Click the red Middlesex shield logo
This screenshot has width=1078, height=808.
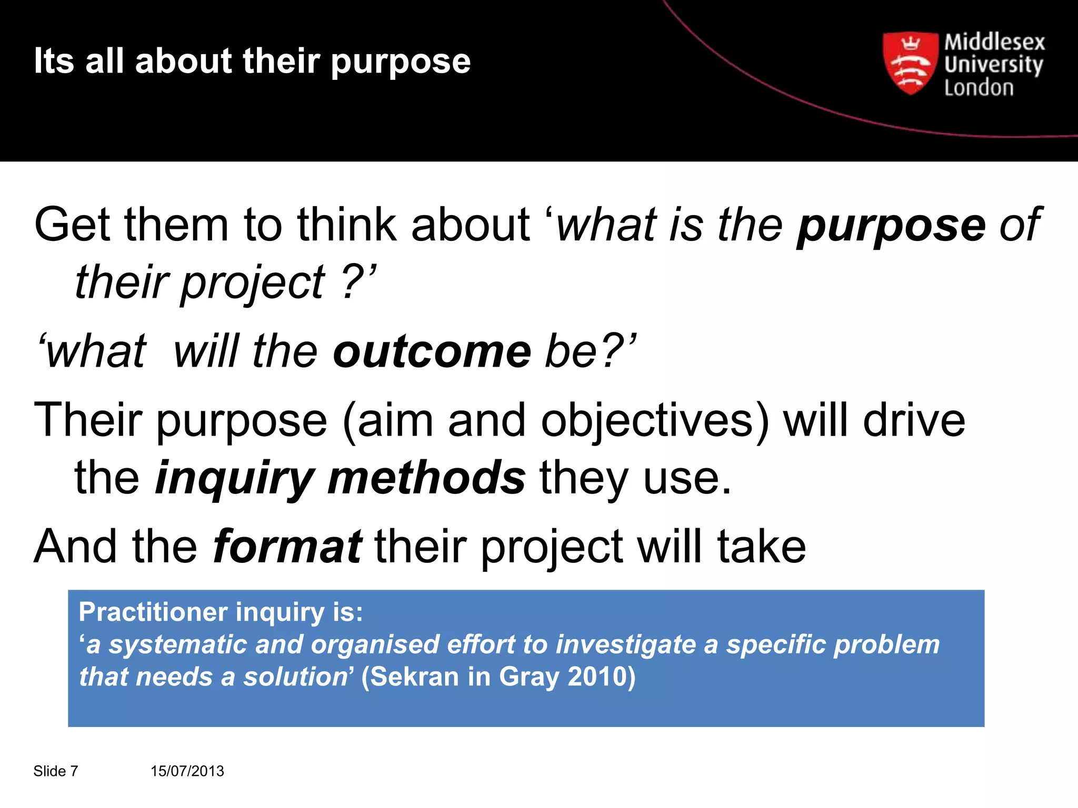click(910, 63)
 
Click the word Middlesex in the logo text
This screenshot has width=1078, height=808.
click(994, 42)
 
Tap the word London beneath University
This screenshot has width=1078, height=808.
click(979, 88)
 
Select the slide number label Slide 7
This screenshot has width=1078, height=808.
click(56, 771)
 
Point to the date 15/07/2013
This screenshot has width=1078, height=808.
click(187, 771)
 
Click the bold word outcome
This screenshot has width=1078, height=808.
click(432, 351)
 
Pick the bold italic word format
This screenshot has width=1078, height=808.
click(287, 546)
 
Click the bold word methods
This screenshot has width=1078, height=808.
click(426, 478)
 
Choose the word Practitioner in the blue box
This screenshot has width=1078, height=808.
click(153, 612)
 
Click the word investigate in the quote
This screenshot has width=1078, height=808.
click(626, 645)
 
